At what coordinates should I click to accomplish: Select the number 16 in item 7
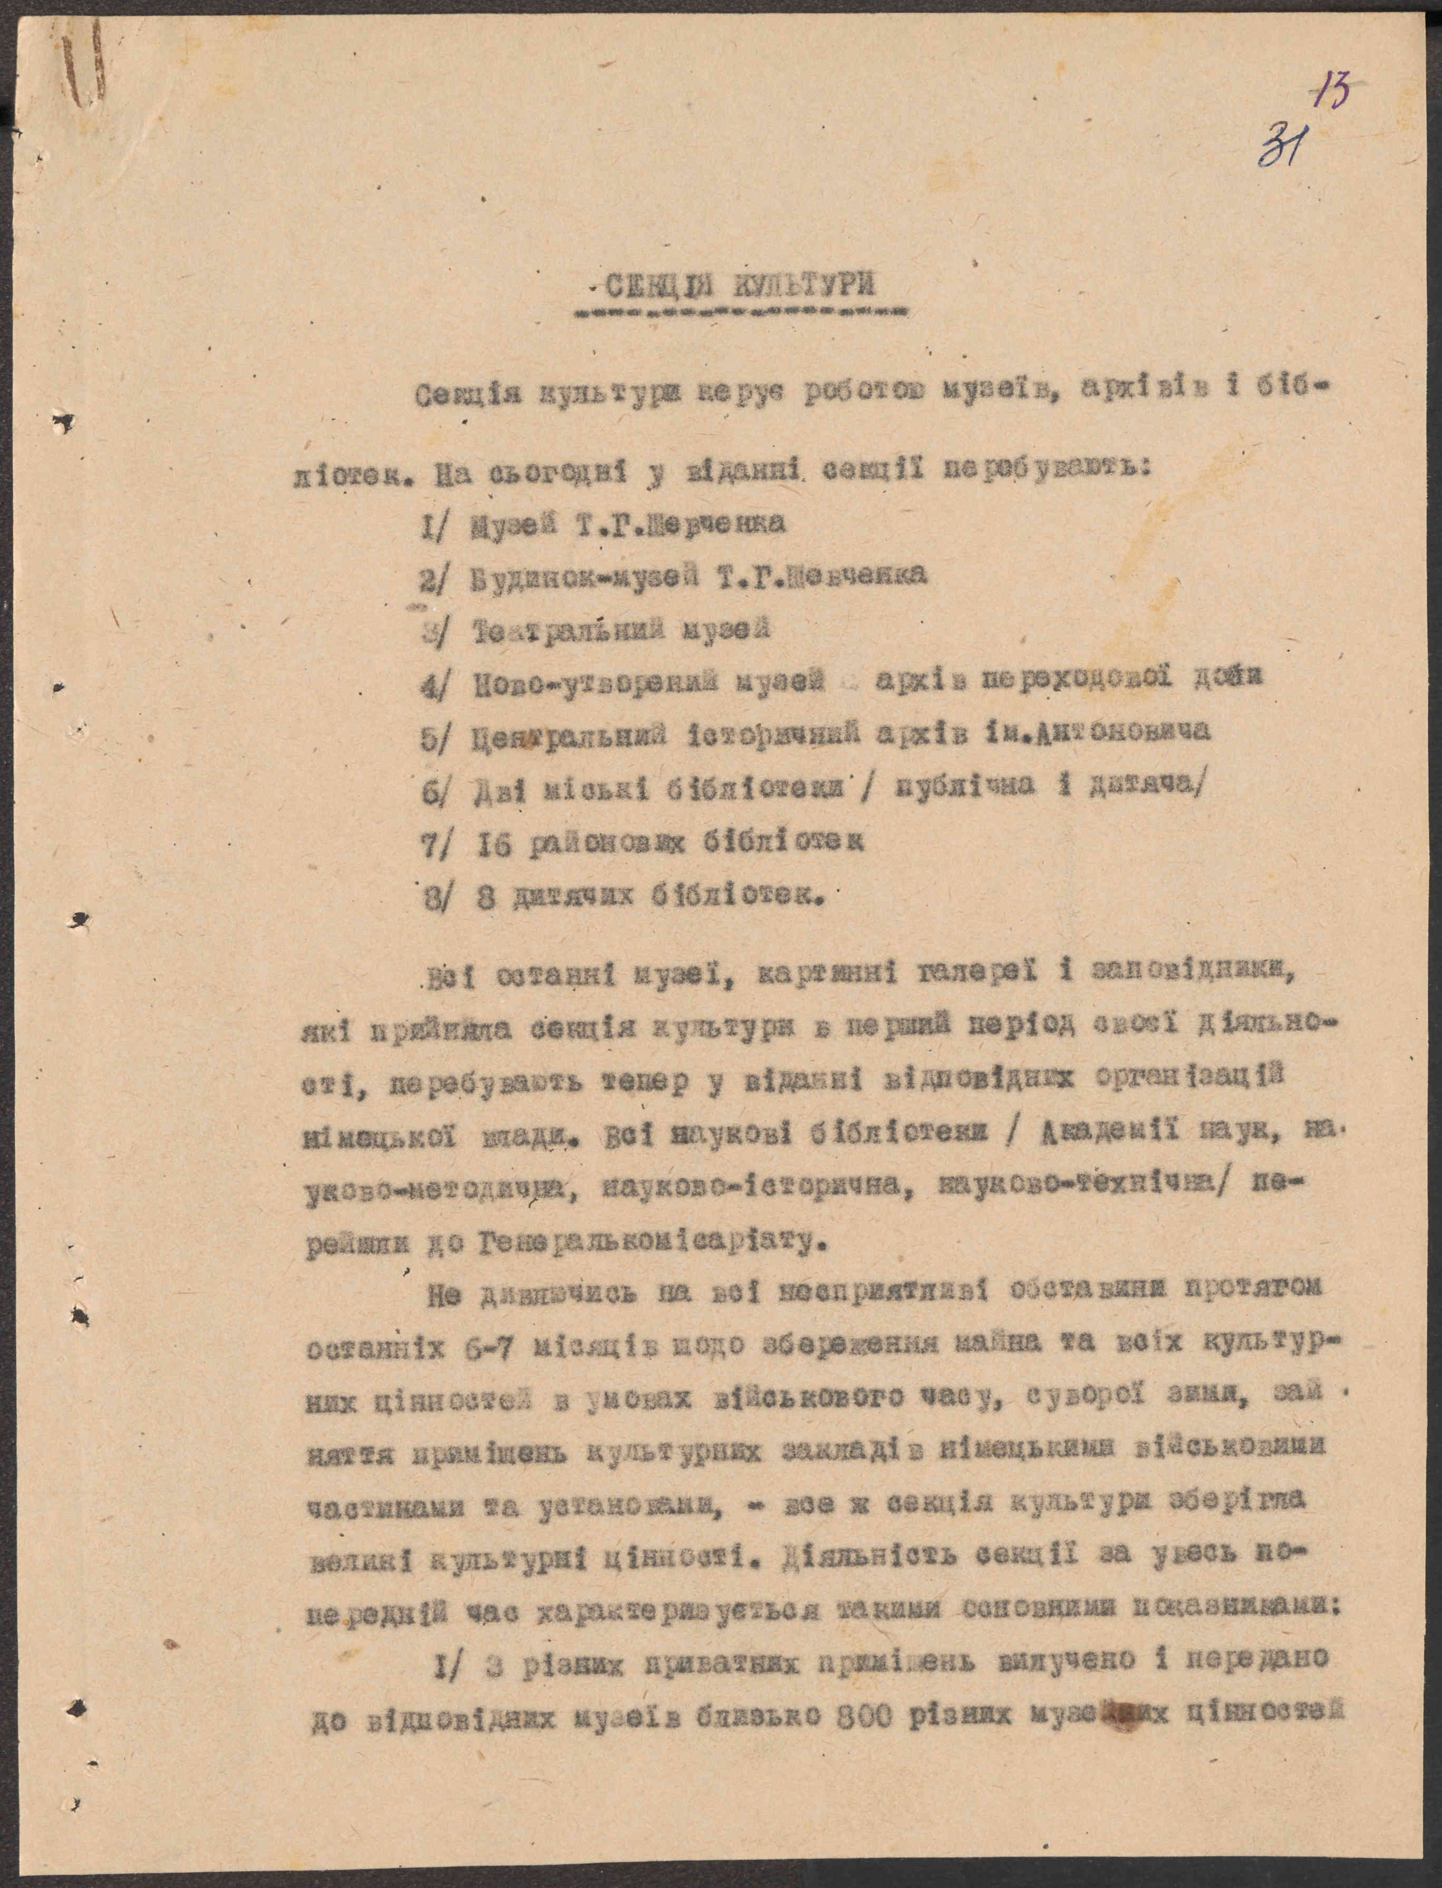[492, 846]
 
